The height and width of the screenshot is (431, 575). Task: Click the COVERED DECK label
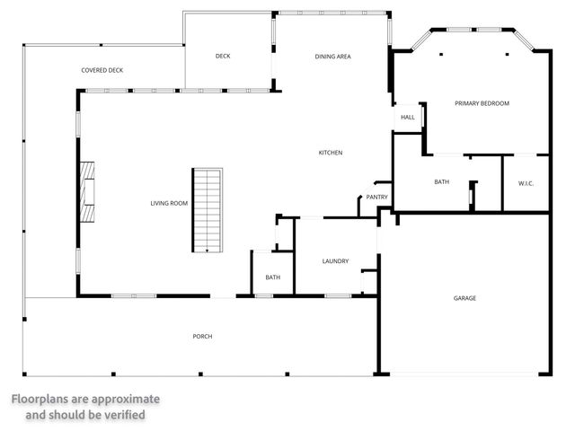(102, 69)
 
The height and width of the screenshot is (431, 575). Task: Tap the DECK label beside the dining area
(223, 56)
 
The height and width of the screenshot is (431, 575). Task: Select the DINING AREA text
(332, 56)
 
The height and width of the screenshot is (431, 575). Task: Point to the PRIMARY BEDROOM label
(482, 103)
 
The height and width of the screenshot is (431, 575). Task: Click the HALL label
(407, 118)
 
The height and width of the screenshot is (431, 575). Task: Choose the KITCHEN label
(331, 153)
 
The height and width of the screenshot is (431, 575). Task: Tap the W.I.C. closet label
(526, 183)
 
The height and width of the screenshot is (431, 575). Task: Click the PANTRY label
(376, 198)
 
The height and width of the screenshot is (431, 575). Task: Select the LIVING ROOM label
(169, 204)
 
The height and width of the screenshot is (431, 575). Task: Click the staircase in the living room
(207, 210)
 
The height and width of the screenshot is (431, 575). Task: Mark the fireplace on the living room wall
(88, 191)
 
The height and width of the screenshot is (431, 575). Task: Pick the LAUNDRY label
(335, 261)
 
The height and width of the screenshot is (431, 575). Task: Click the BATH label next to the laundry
(272, 277)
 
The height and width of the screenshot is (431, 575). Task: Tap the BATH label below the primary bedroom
(441, 182)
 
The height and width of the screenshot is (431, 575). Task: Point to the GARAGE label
(464, 298)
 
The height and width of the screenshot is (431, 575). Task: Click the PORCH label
(202, 337)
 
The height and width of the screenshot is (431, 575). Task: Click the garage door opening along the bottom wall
(464, 374)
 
